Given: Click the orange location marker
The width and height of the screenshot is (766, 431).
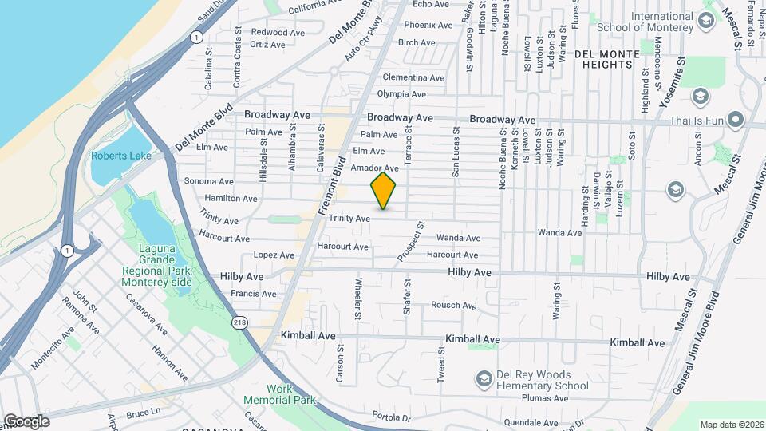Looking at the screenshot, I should (x=383, y=192).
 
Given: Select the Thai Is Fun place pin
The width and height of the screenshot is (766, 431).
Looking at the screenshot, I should (x=735, y=121).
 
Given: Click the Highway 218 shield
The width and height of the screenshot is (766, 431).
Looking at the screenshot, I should (x=239, y=322).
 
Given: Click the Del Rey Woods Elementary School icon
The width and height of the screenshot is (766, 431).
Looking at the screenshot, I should (x=484, y=377).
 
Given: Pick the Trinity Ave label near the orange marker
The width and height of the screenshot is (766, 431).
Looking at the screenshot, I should (x=351, y=218).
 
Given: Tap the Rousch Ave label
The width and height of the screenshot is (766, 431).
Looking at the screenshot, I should (x=453, y=306).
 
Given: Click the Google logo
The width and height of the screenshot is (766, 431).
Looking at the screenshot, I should (x=26, y=421).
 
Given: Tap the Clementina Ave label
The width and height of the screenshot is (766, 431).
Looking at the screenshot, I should (x=413, y=77).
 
